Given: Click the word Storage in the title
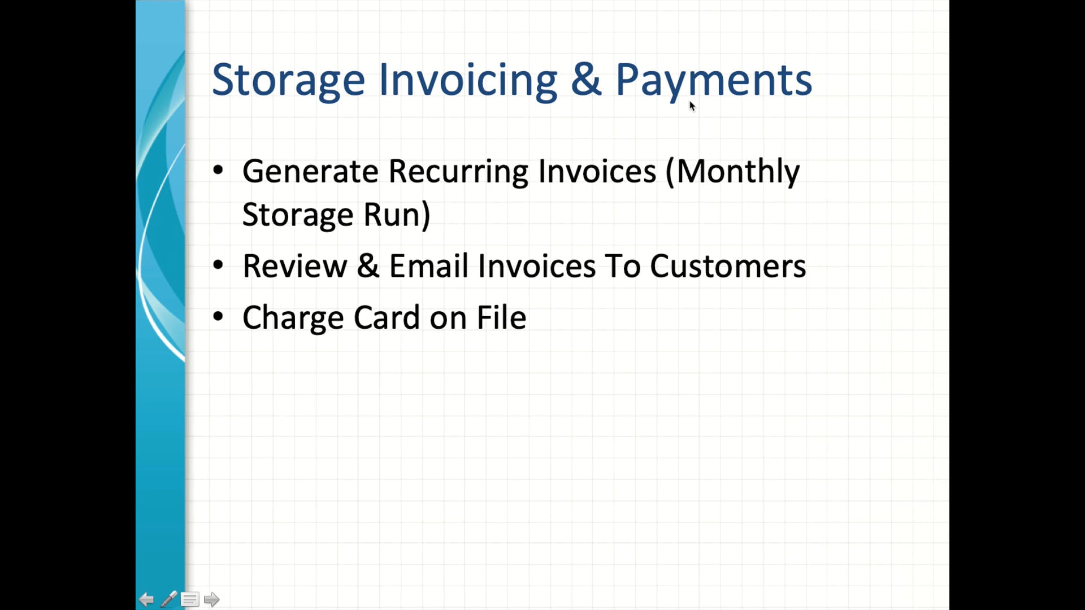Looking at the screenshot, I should (x=288, y=80).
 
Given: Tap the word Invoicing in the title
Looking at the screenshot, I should (x=468, y=80).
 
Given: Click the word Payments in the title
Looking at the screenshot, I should (x=713, y=80).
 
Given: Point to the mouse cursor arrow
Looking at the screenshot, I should (x=692, y=106).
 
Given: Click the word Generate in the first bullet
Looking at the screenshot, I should (x=310, y=171).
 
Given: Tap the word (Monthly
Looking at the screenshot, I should (x=732, y=171).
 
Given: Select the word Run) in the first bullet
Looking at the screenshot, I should (x=397, y=215).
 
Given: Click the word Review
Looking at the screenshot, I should (x=294, y=266).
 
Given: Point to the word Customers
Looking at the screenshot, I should (x=727, y=266).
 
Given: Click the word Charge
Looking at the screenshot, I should (x=293, y=318).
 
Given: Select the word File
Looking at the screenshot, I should (x=501, y=317).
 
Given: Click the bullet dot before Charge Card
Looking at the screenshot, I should (x=218, y=316).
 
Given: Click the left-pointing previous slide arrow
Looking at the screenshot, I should (x=146, y=599).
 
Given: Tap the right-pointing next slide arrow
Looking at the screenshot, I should (x=211, y=599).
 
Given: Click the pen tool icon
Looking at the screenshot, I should (x=168, y=599).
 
